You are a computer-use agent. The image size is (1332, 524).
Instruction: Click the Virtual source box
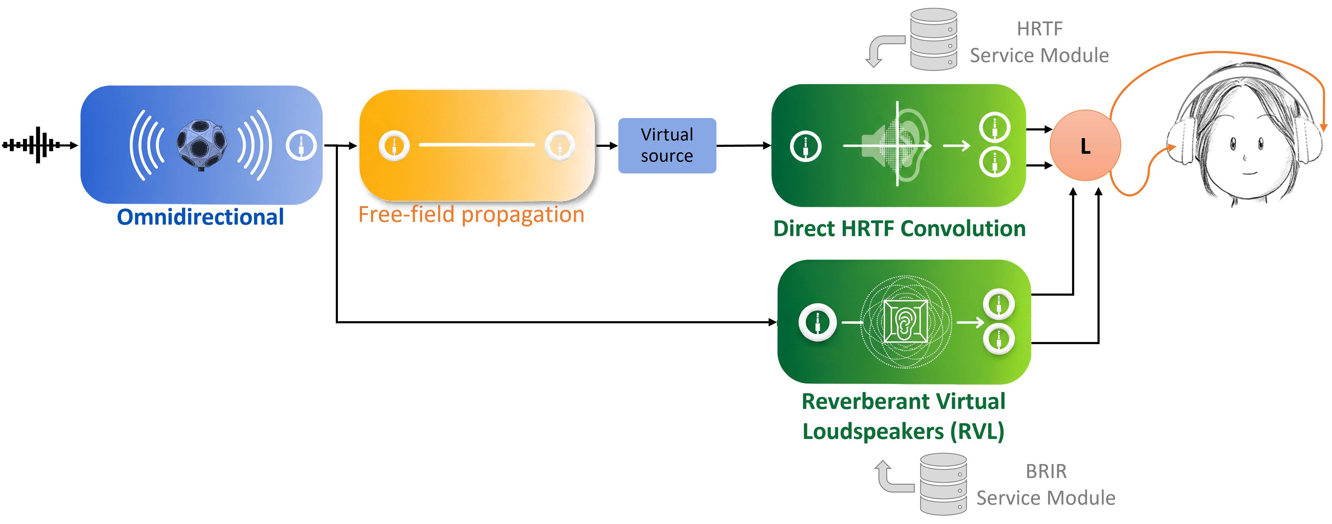(x=667, y=145)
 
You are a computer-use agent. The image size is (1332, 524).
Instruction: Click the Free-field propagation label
(x=471, y=214)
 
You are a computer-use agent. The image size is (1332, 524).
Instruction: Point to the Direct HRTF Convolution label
(x=899, y=229)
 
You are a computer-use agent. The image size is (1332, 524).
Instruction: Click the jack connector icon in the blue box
(x=301, y=145)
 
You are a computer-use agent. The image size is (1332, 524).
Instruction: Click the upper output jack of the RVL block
(x=999, y=304)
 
